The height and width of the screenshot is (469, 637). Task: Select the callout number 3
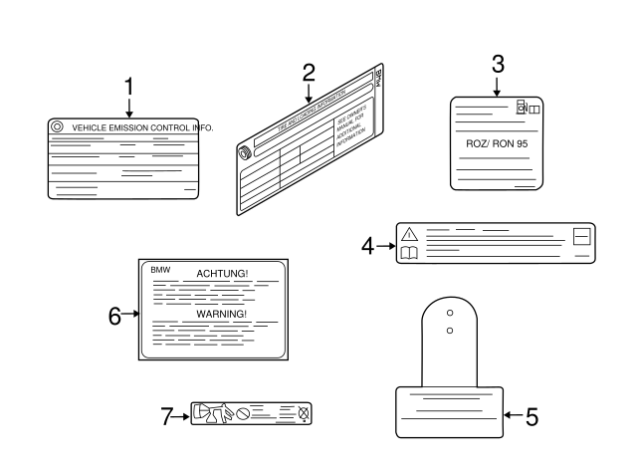click(498, 64)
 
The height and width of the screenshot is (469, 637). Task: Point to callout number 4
click(368, 245)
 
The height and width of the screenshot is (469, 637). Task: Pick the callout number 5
click(531, 417)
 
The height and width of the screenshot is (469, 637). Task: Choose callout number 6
click(115, 316)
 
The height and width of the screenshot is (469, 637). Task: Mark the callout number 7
click(167, 416)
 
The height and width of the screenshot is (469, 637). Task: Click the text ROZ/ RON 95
click(498, 142)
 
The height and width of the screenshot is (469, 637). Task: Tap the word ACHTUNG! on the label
click(222, 273)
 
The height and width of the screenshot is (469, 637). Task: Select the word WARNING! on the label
click(221, 312)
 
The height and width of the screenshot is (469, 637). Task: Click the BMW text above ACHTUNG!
click(161, 269)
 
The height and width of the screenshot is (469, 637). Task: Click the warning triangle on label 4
click(408, 234)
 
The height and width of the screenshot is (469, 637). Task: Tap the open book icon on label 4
click(408, 255)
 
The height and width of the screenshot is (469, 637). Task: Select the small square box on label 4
click(582, 237)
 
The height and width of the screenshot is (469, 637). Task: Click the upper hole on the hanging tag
click(450, 310)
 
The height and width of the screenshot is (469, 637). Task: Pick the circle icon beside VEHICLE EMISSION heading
click(57, 127)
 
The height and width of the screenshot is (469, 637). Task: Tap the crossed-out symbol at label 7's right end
click(305, 410)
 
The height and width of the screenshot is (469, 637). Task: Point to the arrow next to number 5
click(512, 416)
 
